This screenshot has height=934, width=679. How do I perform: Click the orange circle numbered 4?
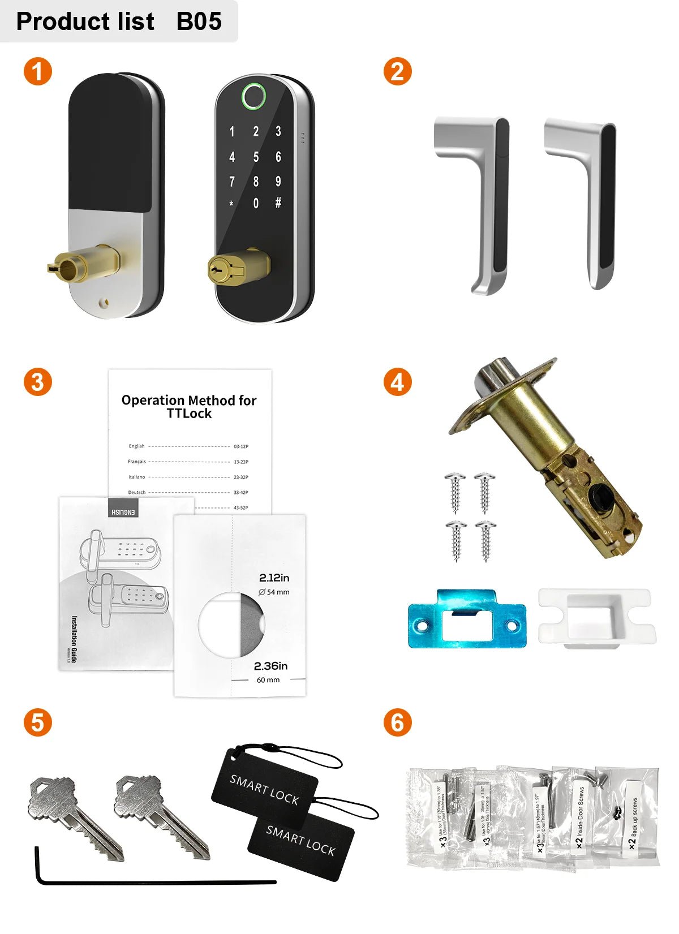pos(397,382)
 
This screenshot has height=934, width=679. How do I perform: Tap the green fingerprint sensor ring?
pos(255,96)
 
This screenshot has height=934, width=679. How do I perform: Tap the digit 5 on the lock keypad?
pos(256,157)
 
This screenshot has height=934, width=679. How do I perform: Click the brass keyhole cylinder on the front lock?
pos(220,270)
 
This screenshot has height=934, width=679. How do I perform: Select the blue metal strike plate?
pos(467,619)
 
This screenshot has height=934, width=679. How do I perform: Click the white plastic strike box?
pos(596,617)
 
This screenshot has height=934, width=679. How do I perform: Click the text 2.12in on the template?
pos(274,578)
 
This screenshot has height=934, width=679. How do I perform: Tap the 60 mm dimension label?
pos(268,680)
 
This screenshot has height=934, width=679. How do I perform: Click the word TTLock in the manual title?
pos(189,414)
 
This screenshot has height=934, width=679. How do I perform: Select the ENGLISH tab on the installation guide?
pos(123,511)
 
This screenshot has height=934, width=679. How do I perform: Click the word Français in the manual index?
pos(136,462)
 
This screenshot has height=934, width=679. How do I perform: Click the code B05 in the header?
pos(199,21)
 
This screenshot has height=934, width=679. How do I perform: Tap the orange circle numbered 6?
pos(397,722)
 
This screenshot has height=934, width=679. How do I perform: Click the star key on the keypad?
pos(231,204)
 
